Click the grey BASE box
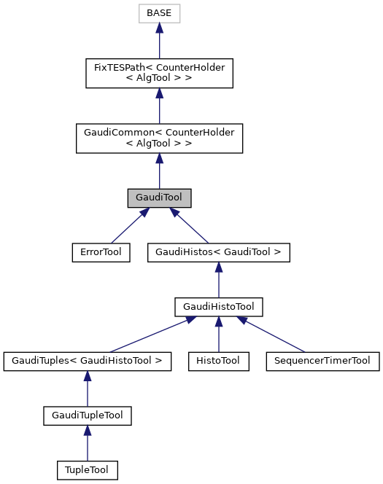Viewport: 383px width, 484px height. [159, 13]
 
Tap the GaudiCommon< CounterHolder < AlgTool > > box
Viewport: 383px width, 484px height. [159, 138]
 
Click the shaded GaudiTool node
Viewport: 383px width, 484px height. [159, 198]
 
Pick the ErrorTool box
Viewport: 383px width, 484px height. [101, 253]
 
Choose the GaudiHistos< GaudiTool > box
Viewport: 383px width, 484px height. [219, 253]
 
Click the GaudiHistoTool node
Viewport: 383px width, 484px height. [219, 307]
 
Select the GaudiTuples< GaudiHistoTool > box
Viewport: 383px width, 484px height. [87, 361]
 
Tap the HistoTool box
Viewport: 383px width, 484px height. [219, 361]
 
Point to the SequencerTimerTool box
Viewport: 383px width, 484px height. [322, 361]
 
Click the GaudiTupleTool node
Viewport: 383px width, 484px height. [87, 415]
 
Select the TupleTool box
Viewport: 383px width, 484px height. [87, 470]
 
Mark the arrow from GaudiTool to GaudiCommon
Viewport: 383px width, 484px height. [159, 171]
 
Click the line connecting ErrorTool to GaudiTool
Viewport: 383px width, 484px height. [127, 227]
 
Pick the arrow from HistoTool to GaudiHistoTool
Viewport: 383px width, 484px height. [219, 335]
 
